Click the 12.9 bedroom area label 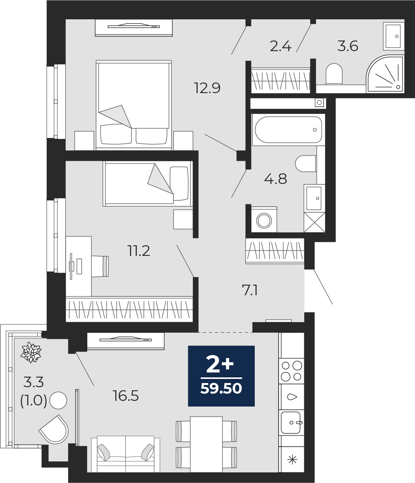pyautogui.click(x=207, y=88)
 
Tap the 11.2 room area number pyautogui.click(x=139, y=251)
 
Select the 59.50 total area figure pyautogui.click(x=221, y=389)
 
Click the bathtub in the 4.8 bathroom pyautogui.click(x=288, y=129)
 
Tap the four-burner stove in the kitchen pyautogui.click(x=292, y=371)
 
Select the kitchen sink pyautogui.click(x=291, y=422)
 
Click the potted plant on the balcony pyautogui.click(x=31, y=352)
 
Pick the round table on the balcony pyautogui.click(x=58, y=400)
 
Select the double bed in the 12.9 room pyautogui.click(x=133, y=103)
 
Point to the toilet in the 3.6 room pyautogui.click(x=334, y=73)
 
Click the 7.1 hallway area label pyautogui.click(x=250, y=291)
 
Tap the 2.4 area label pyautogui.click(x=280, y=46)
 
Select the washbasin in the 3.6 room pyautogui.click(x=393, y=36)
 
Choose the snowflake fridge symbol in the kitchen pyautogui.click(x=292, y=460)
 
